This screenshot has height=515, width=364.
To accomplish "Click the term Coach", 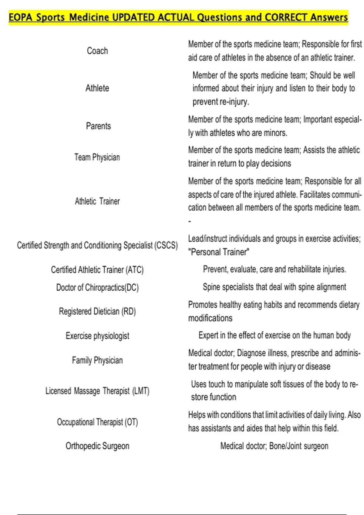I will [97, 51].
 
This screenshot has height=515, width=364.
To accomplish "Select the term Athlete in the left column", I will [97, 88].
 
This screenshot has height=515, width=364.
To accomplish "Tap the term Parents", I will [98, 126].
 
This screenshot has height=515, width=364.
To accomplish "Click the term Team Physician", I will [97, 157].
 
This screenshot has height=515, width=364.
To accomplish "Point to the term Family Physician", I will [97, 360].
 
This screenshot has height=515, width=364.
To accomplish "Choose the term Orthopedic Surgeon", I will [97, 446].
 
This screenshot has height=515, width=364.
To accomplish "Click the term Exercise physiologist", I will [97, 336].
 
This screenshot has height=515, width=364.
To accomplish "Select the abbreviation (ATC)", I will [134, 270].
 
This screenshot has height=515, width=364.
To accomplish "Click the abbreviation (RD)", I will [129, 311].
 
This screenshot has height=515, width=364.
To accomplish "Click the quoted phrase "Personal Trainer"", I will [219, 252].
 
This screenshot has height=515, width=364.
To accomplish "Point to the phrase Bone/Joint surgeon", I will [299, 446].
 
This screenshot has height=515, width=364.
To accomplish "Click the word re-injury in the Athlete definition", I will [234, 102].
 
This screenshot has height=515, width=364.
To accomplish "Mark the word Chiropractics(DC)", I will [112, 287].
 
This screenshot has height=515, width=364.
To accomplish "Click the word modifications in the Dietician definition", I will [210, 318].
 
